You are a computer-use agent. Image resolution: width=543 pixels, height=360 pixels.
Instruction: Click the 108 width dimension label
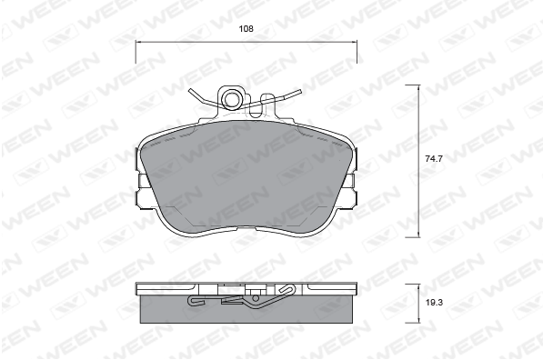coord(246,29)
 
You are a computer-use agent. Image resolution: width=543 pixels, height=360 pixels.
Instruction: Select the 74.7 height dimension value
coord(434,159)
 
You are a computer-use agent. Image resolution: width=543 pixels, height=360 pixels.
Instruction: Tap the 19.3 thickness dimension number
coord(434,303)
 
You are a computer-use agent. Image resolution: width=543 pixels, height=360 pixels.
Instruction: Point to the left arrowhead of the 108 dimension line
coord(137,42)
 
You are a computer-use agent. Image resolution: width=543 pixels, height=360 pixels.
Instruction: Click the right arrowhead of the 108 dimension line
coord(355,42)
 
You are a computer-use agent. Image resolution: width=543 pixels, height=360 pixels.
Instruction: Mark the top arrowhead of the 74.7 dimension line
coord(419,87)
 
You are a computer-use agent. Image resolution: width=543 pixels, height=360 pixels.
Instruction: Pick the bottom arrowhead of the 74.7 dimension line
coord(419,235)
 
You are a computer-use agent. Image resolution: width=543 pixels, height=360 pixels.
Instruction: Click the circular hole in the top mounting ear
coord(231,99)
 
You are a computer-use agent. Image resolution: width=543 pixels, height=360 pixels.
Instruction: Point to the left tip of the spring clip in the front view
coord(190,90)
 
